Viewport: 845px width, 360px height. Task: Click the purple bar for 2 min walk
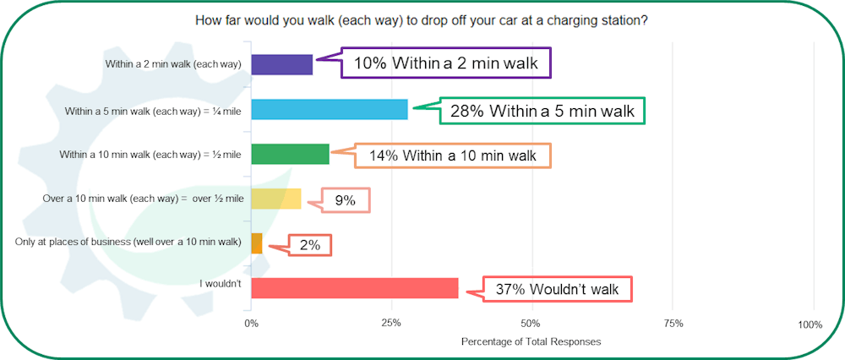[x=282, y=65]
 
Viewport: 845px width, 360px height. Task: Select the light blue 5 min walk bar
[x=330, y=109]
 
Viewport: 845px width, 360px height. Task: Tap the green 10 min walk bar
[x=290, y=154]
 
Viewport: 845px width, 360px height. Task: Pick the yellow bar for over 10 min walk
[x=276, y=199]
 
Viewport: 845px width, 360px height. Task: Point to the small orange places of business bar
[x=257, y=243]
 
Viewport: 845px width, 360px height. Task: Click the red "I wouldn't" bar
[x=355, y=288]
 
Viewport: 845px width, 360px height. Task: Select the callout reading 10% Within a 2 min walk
[x=445, y=63]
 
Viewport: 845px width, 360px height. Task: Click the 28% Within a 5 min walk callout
[x=542, y=111]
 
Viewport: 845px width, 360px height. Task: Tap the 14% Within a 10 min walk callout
[x=453, y=156]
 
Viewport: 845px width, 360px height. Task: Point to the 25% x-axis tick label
[x=391, y=324]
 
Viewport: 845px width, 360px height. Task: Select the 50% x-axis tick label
[x=532, y=324]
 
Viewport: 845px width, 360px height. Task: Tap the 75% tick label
[x=673, y=324]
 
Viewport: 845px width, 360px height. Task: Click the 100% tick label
[x=811, y=325]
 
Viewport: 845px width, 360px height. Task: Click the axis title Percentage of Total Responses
[x=531, y=341]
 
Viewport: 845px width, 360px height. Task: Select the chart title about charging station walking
[x=422, y=22]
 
